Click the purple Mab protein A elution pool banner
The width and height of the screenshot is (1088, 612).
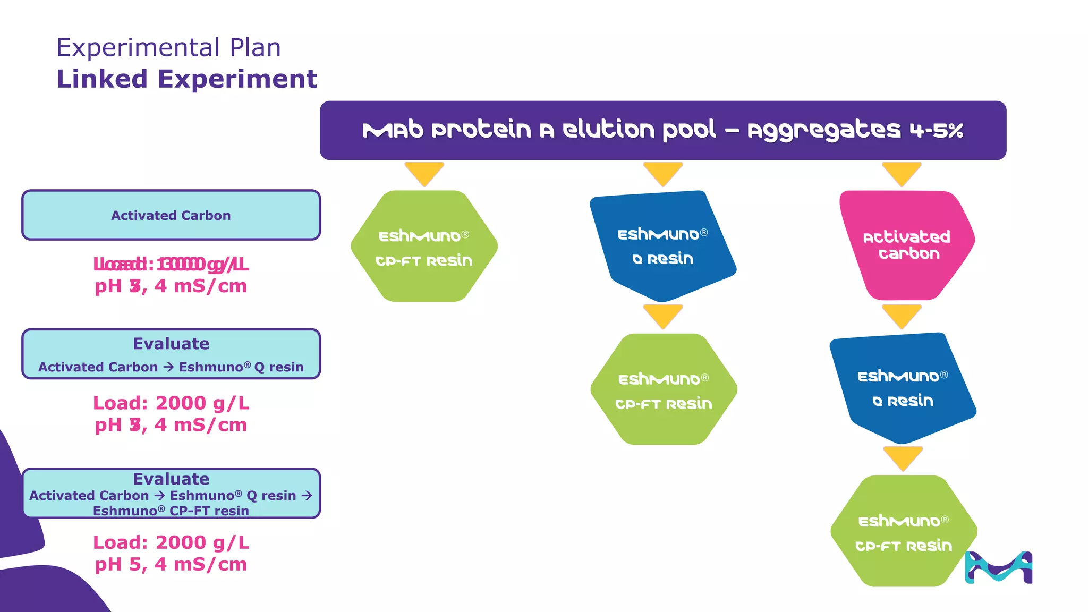662,130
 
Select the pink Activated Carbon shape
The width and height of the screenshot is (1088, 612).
906,245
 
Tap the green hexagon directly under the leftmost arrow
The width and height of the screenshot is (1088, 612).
424,246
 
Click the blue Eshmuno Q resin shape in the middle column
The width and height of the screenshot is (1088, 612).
662,246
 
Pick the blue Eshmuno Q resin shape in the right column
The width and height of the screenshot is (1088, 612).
903,388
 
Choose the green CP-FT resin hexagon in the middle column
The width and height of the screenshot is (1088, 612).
664,389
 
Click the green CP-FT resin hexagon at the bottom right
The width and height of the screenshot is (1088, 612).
903,531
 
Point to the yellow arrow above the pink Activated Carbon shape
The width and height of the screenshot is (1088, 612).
902,173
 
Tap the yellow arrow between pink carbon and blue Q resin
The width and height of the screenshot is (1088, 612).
902,316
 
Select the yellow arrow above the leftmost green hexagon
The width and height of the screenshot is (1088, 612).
424,173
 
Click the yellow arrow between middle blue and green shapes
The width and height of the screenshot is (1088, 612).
662,316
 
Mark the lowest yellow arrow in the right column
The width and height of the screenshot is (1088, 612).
903,457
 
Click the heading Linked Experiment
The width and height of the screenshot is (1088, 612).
186,79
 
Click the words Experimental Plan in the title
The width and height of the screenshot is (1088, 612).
168,48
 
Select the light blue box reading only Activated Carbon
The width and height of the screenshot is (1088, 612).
171,215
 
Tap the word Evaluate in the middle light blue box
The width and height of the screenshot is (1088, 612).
171,344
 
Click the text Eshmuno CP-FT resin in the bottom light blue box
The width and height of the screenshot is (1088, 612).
171,511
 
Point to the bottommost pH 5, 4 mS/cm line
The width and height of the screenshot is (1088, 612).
171,564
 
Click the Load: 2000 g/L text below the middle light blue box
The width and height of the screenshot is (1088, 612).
171,403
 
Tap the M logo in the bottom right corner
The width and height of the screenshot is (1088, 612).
998,567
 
